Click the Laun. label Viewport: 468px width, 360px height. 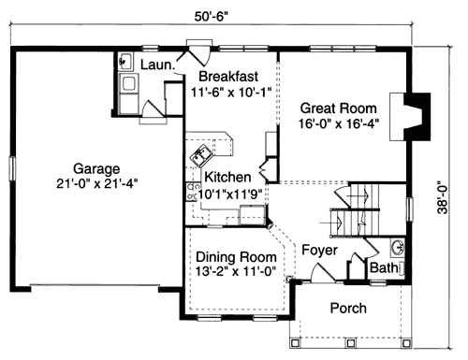(154, 65)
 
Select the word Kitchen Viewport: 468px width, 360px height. (227, 177)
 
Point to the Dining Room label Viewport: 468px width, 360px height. (235, 257)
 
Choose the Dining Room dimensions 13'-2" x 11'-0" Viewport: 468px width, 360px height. (235, 273)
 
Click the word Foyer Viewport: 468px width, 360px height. (319, 250)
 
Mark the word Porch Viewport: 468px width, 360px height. (347, 309)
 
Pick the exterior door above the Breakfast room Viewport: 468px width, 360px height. (199, 47)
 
